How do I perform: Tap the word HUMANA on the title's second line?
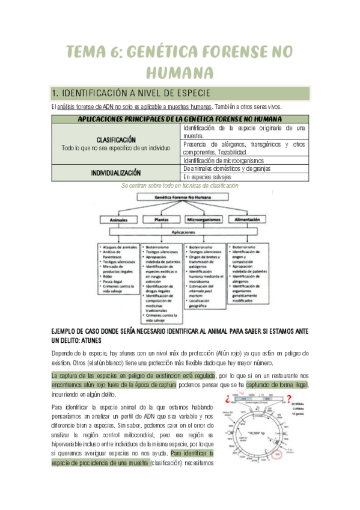click(180, 73)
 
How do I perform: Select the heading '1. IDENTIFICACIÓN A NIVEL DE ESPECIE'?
click(132, 93)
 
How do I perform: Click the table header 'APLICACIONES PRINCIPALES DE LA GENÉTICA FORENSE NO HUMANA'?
click(180, 119)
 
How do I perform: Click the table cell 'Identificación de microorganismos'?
click(224, 160)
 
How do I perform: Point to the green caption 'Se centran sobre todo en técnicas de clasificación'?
click(180, 186)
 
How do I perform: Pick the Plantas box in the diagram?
click(161, 220)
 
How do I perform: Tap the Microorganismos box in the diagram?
click(204, 220)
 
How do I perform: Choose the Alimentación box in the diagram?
click(246, 220)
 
